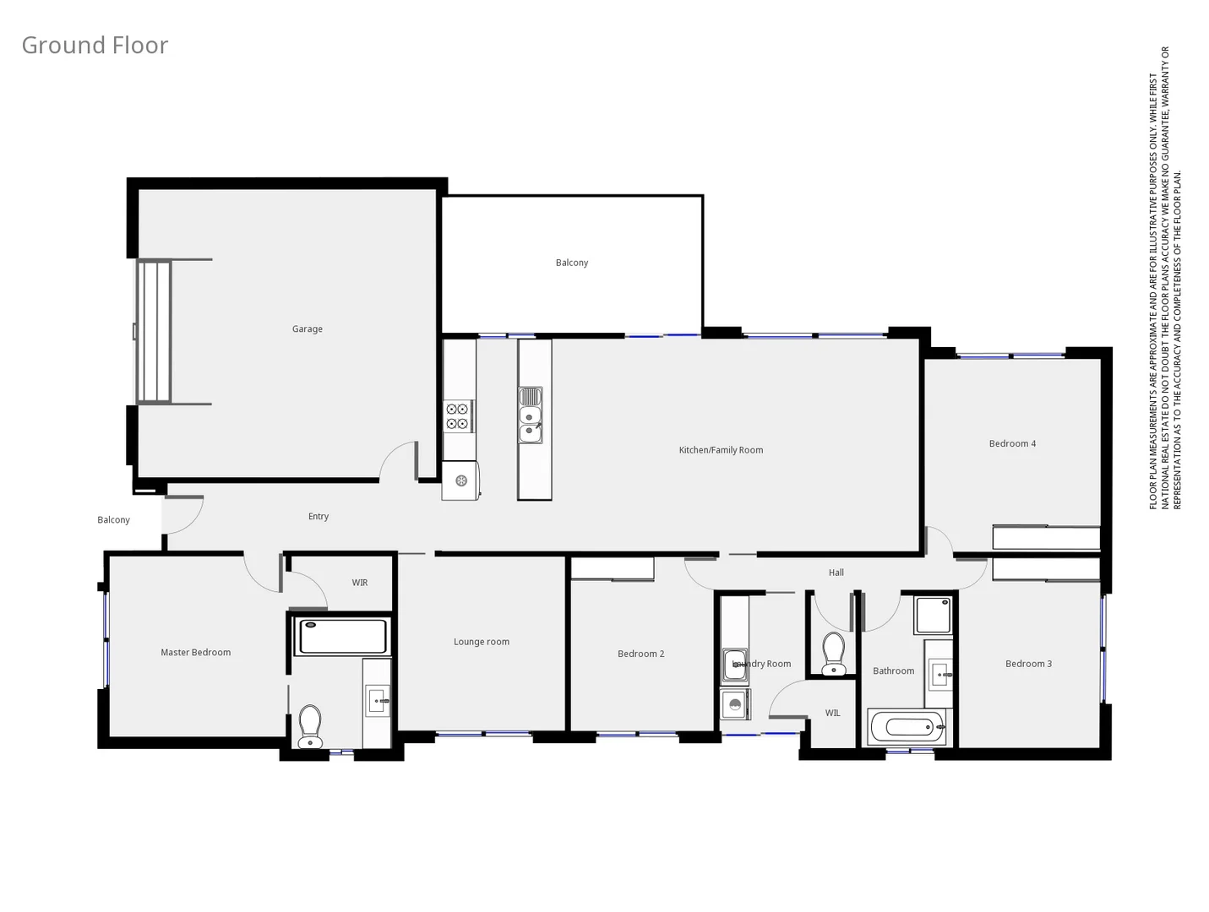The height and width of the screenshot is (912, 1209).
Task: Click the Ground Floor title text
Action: (x=95, y=45)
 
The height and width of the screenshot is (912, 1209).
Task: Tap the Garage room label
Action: (x=308, y=329)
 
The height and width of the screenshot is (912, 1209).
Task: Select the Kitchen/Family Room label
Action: (x=721, y=450)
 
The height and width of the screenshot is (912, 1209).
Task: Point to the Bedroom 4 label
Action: (x=1012, y=443)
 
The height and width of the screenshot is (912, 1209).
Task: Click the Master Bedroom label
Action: (x=195, y=652)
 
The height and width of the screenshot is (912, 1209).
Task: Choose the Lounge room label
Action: (x=482, y=642)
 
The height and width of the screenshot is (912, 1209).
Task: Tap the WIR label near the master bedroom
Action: (x=360, y=583)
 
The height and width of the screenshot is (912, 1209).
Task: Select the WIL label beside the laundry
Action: (x=833, y=713)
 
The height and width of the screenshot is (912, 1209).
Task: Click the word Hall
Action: (x=836, y=573)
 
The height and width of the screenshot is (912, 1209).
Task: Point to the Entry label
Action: (x=319, y=516)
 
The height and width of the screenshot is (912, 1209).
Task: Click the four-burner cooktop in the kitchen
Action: (x=458, y=416)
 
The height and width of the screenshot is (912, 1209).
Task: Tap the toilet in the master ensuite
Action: (x=310, y=726)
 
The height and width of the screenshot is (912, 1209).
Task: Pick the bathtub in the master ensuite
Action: (x=343, y=636)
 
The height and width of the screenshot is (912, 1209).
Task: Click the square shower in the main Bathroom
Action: (x=933, y=615)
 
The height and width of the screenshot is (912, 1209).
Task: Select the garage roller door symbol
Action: (x=154, y=332)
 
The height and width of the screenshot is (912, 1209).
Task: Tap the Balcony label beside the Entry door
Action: (x=114, y=520)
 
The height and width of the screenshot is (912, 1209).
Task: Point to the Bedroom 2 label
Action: (x=640, y=654)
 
